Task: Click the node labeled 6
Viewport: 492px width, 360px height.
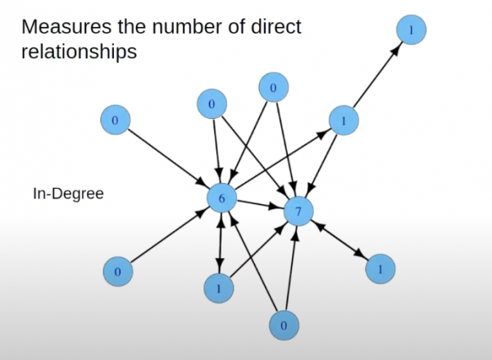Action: [221, 198]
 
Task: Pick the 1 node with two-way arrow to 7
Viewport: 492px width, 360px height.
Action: [380, 268]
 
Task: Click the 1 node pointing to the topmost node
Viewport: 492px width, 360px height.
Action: [343, 121]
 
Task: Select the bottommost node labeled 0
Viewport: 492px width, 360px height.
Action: [283, 325]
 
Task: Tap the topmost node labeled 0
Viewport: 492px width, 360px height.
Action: [274, 87]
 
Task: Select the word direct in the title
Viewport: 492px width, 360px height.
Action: [275, 25]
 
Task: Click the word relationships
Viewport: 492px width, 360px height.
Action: [79, 52]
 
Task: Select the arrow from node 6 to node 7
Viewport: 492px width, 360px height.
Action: [258, 205]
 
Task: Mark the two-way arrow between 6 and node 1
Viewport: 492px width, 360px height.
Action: [220, 243]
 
